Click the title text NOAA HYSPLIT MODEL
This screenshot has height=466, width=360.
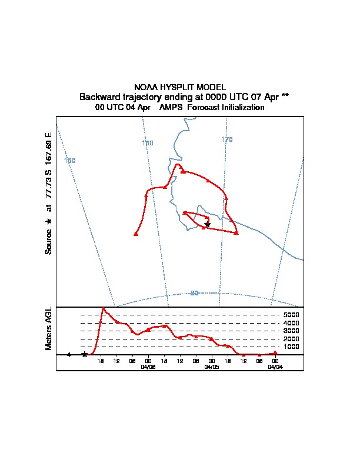180,87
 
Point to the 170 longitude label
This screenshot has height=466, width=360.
227,139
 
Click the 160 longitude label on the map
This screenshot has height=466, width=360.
148,143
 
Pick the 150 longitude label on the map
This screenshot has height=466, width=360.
70,161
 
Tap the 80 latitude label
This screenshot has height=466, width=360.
194,293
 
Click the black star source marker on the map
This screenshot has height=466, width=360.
207,224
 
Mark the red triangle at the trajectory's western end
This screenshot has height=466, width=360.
136,234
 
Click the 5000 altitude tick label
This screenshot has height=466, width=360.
292,315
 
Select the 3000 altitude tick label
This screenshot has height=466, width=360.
292,331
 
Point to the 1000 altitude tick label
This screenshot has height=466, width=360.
292,347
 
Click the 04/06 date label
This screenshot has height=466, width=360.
148,366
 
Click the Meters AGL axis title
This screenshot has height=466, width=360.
49,329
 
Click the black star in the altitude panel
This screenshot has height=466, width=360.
85,354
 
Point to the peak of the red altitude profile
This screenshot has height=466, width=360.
104,308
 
